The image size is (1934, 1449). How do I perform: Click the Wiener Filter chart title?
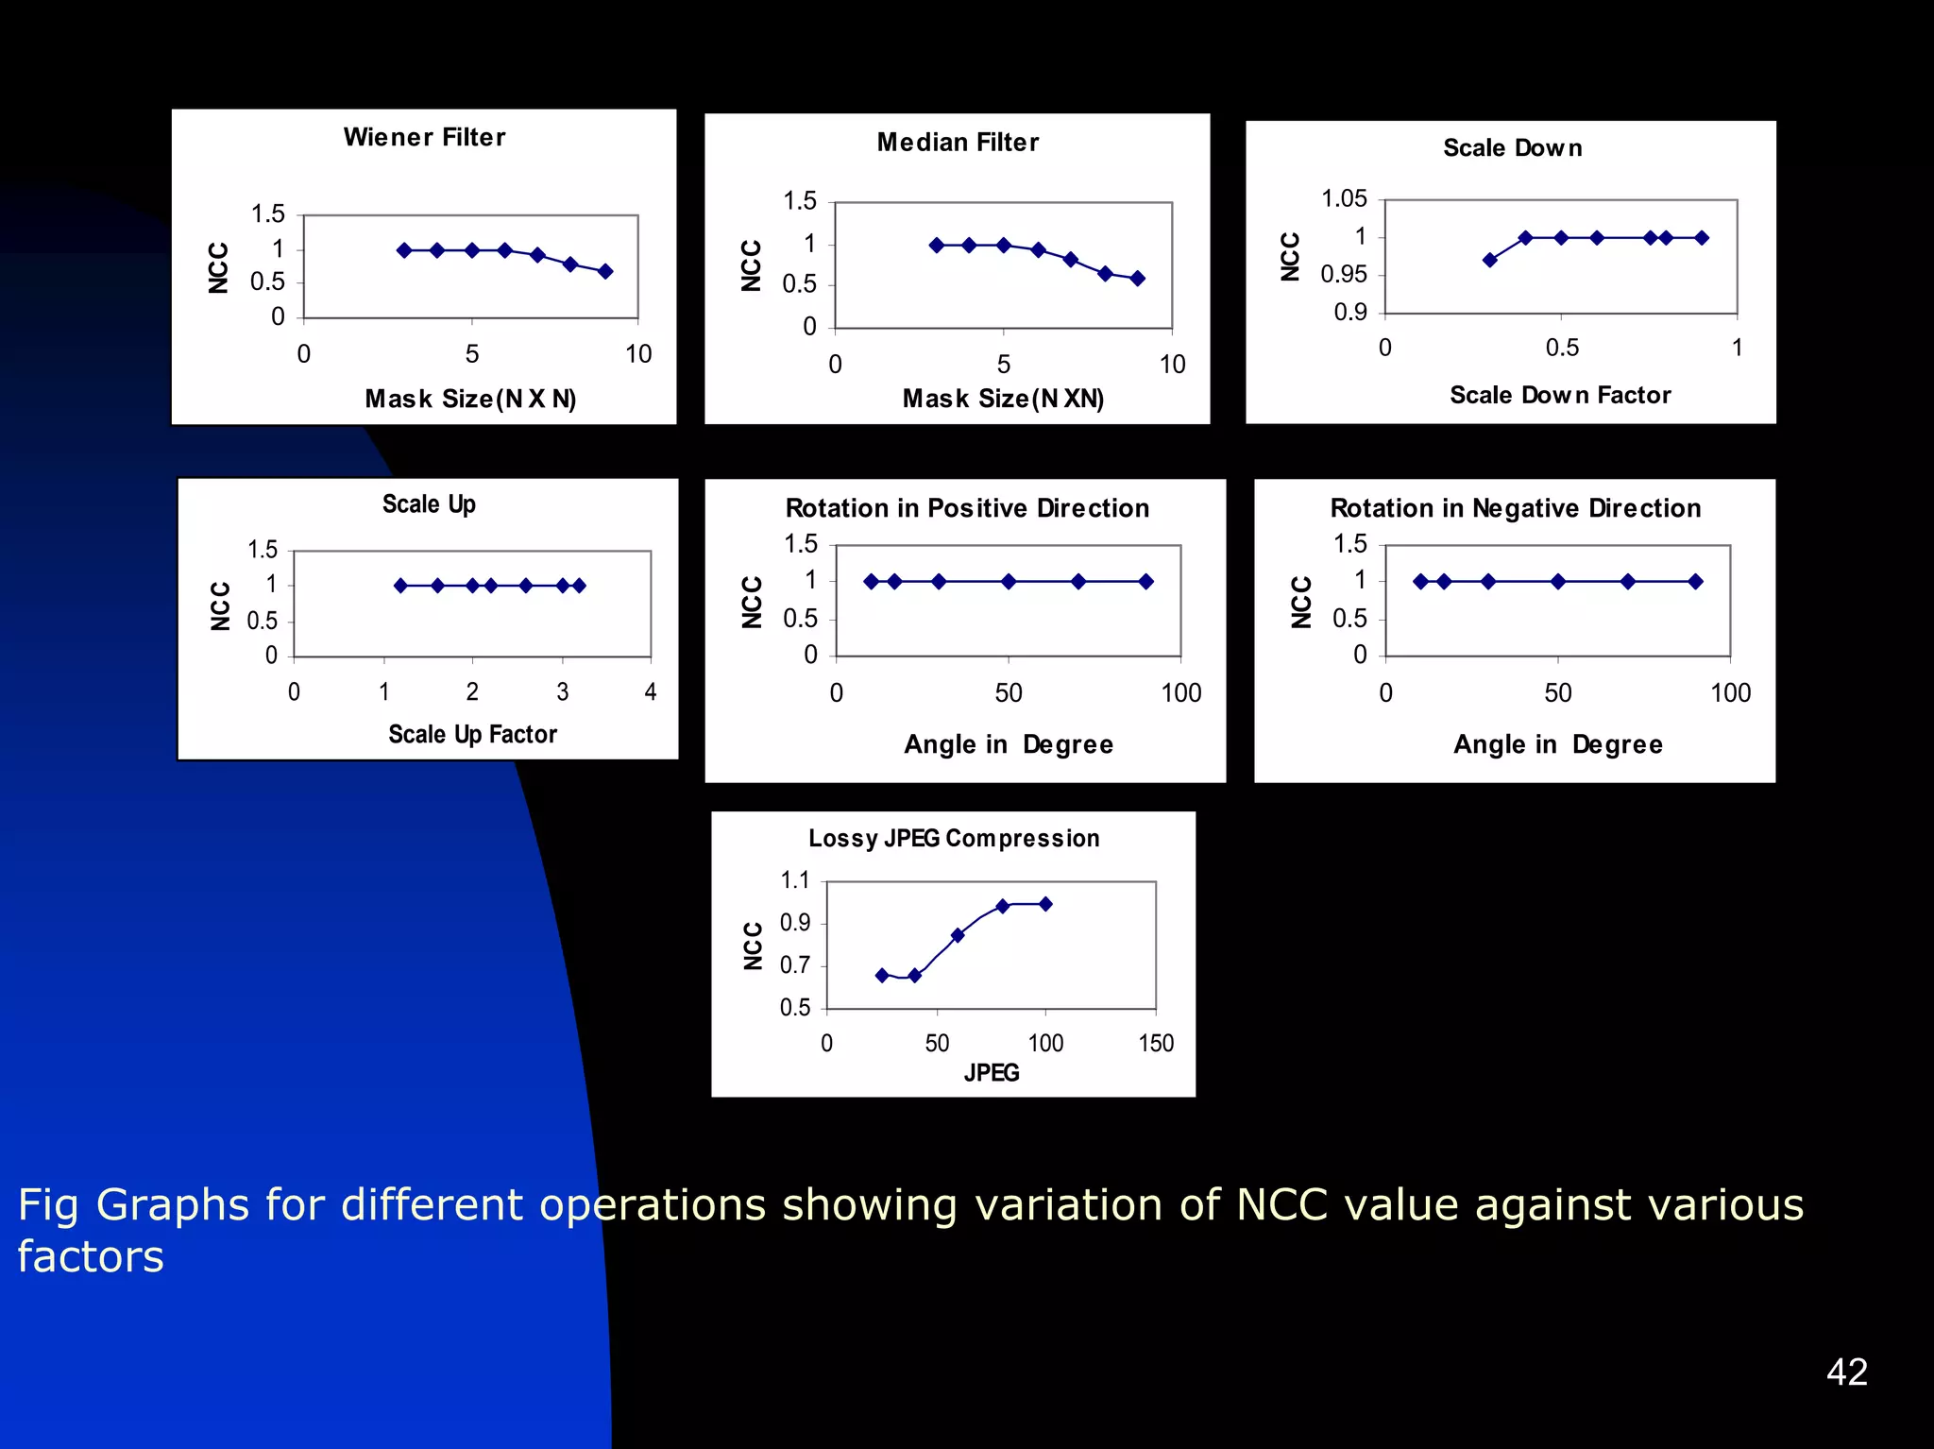tap(424, 138)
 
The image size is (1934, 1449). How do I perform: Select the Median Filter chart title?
tap(958, 143)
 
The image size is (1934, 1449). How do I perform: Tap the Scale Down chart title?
tap(1512, 148)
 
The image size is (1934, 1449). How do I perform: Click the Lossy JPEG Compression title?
tap(954, 839)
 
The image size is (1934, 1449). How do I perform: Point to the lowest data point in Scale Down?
tap(1490, 260)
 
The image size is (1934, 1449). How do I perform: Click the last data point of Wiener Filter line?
tap(605, 272)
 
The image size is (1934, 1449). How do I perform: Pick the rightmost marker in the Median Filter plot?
tap(1138, 279)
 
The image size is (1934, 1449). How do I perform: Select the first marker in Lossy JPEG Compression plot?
tap(882, 976)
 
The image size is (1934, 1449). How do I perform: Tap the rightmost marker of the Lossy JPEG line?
tap(1045, 904)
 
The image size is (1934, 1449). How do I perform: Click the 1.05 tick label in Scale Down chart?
tap(1344, 199)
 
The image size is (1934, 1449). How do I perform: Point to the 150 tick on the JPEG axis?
tap(1156, 1044)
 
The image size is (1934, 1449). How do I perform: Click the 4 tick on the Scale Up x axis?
tap(651, 692)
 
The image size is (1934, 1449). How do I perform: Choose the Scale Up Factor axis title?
tap(472, 735)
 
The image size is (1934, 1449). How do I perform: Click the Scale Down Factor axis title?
tap(1560, 396)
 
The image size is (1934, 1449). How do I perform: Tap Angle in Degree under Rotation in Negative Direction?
tap(1558, 745)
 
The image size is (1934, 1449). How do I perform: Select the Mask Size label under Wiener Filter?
tap(470, 400)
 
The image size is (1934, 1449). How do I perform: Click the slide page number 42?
tap(1846, 1372)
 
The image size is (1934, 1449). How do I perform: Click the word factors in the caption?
tap(91, 1257)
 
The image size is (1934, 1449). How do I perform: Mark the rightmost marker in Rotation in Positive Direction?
tap(1145, 582)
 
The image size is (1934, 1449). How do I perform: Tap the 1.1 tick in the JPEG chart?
tap(795, 881)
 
